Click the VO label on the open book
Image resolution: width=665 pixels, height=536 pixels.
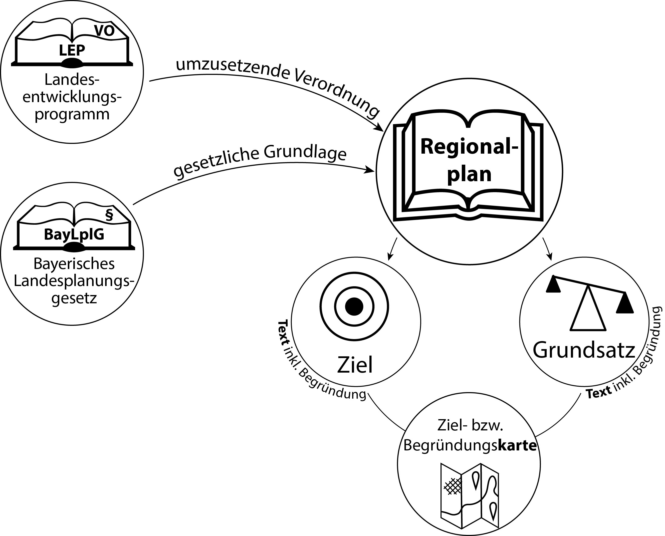104,31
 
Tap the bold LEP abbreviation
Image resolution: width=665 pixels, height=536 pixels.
72,50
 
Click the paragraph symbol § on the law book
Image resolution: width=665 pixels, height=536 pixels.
109,215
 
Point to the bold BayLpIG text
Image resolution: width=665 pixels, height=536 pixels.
74,234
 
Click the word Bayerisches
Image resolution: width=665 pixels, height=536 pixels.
74,264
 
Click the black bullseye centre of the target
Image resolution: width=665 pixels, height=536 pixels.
354,307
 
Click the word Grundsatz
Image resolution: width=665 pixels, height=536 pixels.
584,350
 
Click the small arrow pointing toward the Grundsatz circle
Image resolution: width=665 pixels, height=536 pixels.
547,249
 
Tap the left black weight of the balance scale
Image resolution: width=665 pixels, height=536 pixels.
553,284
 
